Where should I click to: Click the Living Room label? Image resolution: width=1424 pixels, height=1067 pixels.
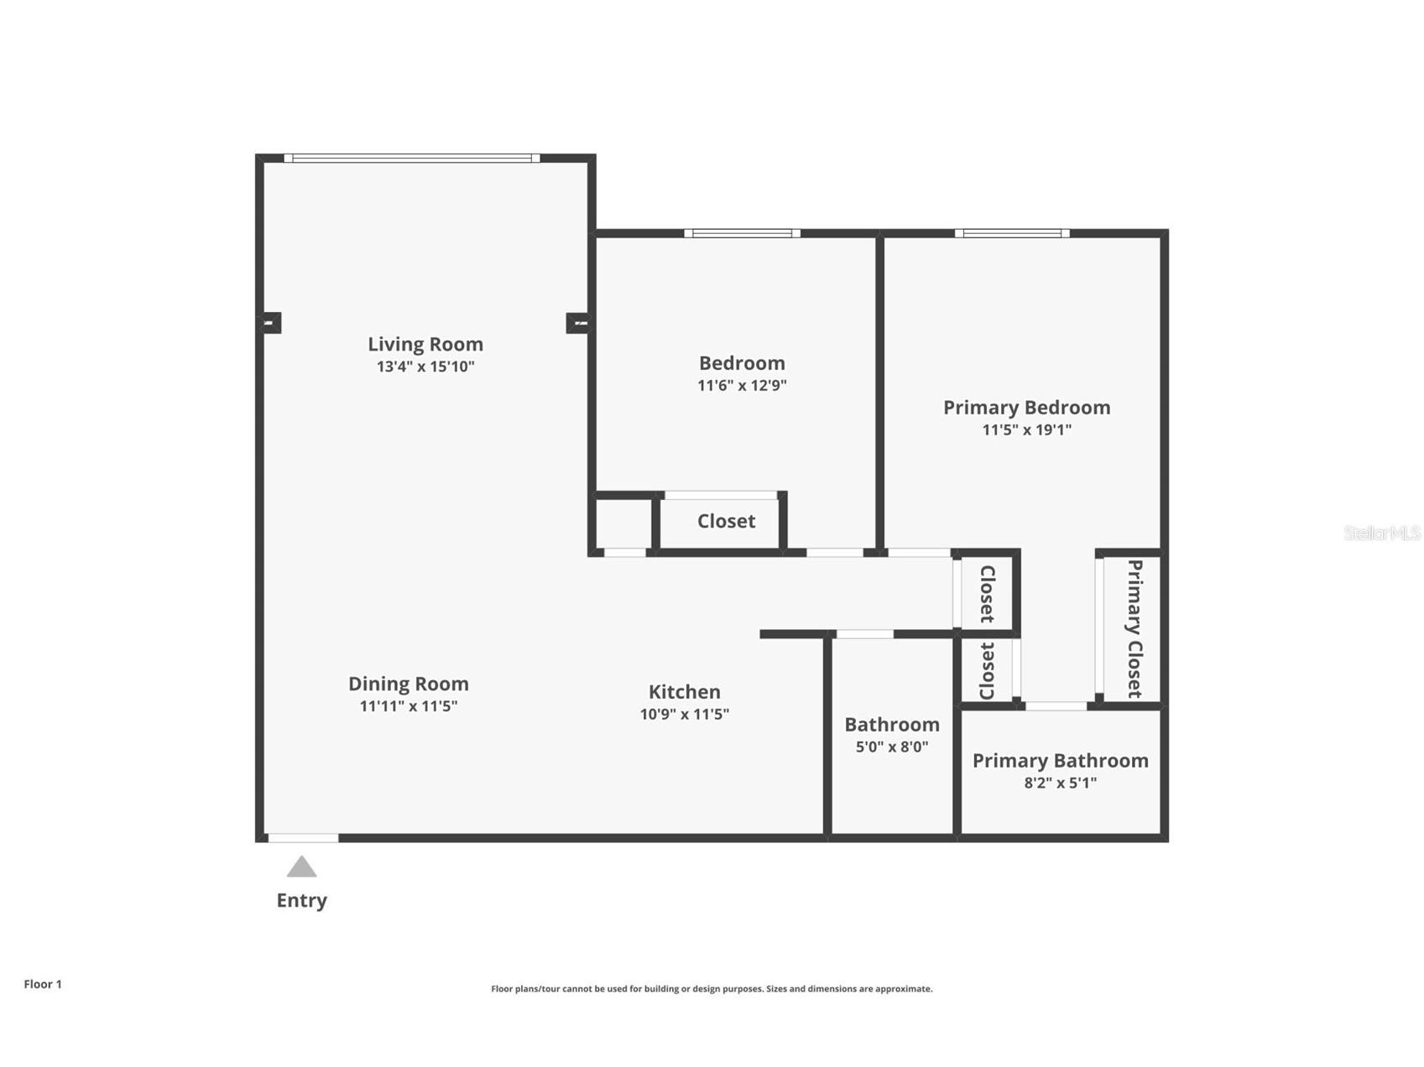pyautogui.click(x=425, y=344)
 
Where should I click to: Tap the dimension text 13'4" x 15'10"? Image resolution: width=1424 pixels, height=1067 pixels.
pyautogui.click(x=425, y=367)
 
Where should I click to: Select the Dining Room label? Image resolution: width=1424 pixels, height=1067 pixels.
pyautogui.click(x=408, y=684)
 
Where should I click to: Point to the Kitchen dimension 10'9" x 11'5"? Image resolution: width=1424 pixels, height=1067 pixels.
pyautogui.click(x=684, y=714)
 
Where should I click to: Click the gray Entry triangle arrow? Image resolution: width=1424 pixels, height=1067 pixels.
pyautogui.click(x=301, y=867)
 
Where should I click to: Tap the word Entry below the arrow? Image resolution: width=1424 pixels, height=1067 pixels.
pyautogui.click(x=301, y=900)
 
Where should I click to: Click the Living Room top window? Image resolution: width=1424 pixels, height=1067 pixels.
pyautogui.click(x=411, y=158)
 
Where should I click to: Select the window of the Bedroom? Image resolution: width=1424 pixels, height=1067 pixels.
pyautogui.click(x=742, y=233)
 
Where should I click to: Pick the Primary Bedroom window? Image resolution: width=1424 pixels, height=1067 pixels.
pyautogui.click(x=1012, y=233)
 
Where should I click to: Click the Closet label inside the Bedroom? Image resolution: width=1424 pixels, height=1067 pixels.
pyautogui.click(x=726, y=521)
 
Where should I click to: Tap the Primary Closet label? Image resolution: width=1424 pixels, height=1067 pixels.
pyautogui.click(x=1135, y=629)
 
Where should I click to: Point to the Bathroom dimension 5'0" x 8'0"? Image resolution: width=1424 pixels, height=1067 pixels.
pyautogui.click(x=891, y=747)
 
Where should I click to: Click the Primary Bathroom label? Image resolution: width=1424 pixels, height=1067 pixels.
pyautogui.click(x=1060, y=761)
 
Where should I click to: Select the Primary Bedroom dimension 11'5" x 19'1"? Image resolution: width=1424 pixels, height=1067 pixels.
pyautogui.click(x=1026, y=429)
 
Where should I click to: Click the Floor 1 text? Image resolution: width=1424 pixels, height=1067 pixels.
pyautogui.click(x=43, y=984)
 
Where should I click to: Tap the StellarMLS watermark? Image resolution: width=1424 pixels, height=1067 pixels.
pyautogui.click(x=1381, y=533)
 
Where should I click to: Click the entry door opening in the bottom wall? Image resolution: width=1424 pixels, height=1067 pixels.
pyautogui.click(x=303, y=838)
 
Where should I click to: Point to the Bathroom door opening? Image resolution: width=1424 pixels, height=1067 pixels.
pyautogui.click(x=864, y=634)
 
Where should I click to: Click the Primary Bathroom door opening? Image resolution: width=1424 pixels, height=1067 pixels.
pyautogui.click(x=1056, y=706)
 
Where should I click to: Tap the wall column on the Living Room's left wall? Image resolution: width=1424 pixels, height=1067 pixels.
pyautogui.click(x=270, y=322)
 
